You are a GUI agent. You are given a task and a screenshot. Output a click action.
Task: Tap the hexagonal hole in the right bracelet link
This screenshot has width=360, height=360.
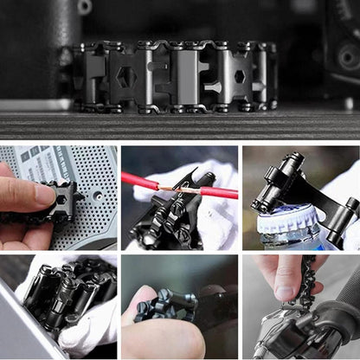(239, 76)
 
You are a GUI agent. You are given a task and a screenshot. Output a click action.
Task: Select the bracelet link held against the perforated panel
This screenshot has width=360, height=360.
(61, 200)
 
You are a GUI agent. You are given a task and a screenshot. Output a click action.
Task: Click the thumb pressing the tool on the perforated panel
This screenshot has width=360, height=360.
(21, 196)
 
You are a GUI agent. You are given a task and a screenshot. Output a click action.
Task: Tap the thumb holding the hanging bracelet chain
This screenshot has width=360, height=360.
(281, 275)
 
